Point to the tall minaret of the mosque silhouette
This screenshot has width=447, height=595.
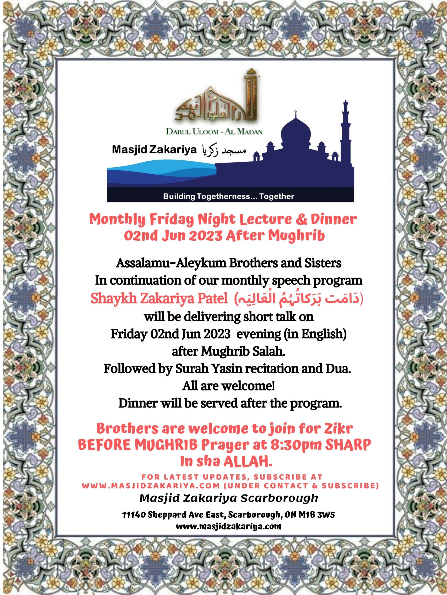point(345,127)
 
